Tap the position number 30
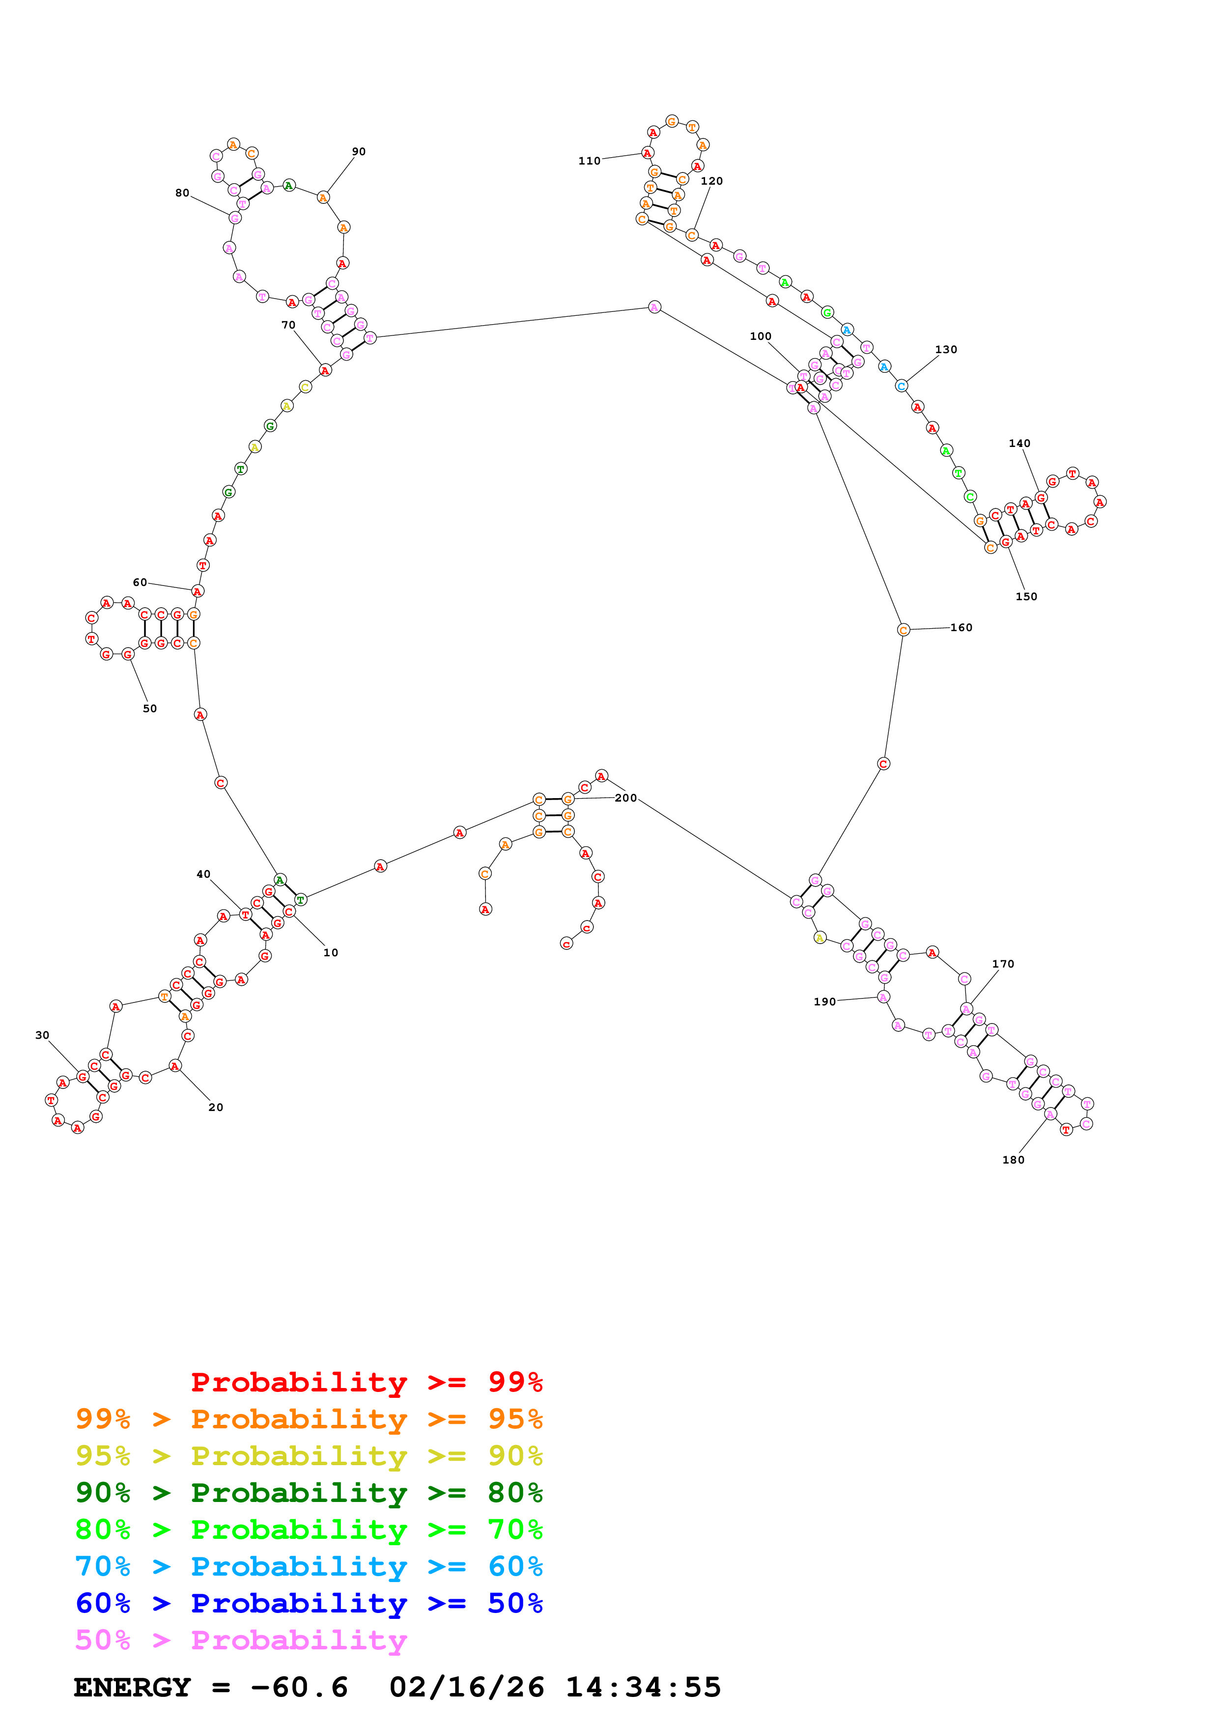click(42, 1035)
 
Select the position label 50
click(150, 708)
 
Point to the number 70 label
click(288, 325)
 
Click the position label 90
click(359, 152)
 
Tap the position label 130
click(946, 350)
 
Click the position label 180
click(1013, 1160)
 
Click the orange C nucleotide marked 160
click(904, 630)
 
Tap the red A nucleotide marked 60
click(198, 591)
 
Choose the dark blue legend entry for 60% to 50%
click(309, 1603)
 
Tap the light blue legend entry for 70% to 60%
click(309, 1566)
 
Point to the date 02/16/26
click(466, 1688)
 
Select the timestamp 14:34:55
click(643, 1688)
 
